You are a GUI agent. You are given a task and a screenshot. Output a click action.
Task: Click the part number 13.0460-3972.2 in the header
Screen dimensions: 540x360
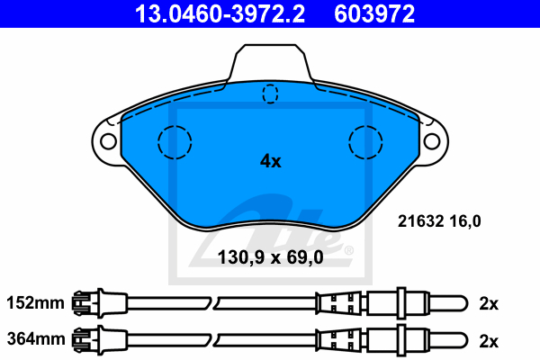(220, 13)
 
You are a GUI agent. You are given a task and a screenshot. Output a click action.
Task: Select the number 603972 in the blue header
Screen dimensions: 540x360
(374, 13)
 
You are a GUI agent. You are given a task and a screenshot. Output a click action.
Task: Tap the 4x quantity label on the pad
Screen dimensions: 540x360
(270, 161)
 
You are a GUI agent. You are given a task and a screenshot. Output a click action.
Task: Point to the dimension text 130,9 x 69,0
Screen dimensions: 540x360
(270, 257)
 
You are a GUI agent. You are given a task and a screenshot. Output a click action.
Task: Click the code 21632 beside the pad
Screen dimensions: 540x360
(420, 220)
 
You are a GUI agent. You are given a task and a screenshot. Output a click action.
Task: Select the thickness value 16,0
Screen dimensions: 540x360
(465, 221)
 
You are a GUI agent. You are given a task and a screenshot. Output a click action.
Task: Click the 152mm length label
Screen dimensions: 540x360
(35, 303)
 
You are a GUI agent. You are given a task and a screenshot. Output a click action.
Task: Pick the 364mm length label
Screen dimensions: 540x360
(36, 339)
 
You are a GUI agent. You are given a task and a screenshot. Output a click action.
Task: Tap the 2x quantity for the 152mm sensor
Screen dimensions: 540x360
(489, 304)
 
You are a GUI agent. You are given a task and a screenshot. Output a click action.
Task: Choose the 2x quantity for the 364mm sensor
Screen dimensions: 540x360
(489, 341)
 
